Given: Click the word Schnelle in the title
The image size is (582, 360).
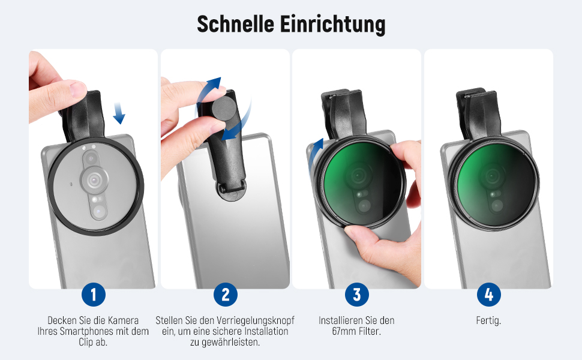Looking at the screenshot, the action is pos(235,24).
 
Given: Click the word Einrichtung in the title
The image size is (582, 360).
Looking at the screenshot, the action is pos(332,25).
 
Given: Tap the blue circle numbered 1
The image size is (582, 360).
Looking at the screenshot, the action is pos(94,295).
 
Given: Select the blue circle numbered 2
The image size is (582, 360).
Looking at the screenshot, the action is pos(226,295).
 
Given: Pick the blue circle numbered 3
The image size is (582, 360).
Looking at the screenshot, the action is pos(356,295).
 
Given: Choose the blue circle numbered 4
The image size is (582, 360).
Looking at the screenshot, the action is pos(488,295).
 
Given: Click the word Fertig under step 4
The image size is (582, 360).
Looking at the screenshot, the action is pos(488,320).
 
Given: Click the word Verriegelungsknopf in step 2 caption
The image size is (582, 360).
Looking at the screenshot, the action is pos(256,320).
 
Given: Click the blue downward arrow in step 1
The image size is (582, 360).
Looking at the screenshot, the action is pos(119,113).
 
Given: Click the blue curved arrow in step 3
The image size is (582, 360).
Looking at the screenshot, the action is pos(315,156).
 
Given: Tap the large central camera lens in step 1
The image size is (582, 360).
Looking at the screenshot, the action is pos(95,181).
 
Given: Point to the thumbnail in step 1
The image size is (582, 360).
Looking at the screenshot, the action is pos(78,89).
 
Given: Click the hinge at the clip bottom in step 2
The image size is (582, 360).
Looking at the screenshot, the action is pos(232,188).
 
